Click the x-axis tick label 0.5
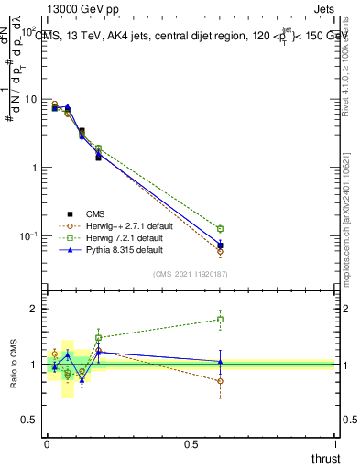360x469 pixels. [191, 444]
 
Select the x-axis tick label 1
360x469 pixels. [335, 444]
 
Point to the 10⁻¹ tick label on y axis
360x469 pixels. [29, 236]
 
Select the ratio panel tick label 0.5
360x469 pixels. [33, 420]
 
